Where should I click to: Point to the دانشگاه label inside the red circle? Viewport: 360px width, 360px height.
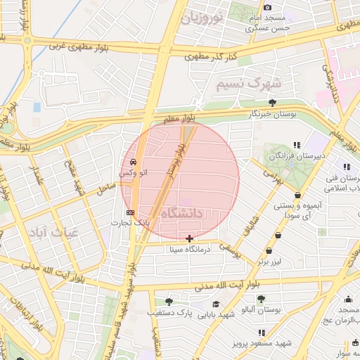point(181,212)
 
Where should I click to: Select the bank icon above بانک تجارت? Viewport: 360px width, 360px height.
point(129,212)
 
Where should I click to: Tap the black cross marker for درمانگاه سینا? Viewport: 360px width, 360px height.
point(190,239)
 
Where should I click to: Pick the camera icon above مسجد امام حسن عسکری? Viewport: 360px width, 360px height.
point(266,7)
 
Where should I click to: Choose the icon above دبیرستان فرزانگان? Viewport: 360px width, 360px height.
point(297,146)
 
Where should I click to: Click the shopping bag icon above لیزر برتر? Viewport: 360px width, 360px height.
point(269,251)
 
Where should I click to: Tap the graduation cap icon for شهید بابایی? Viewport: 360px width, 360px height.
point(216,304)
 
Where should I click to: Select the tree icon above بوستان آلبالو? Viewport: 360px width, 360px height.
point(261,299)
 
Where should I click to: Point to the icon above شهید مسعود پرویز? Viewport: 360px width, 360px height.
point(262,333)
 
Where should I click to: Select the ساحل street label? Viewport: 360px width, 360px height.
point(105,186)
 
